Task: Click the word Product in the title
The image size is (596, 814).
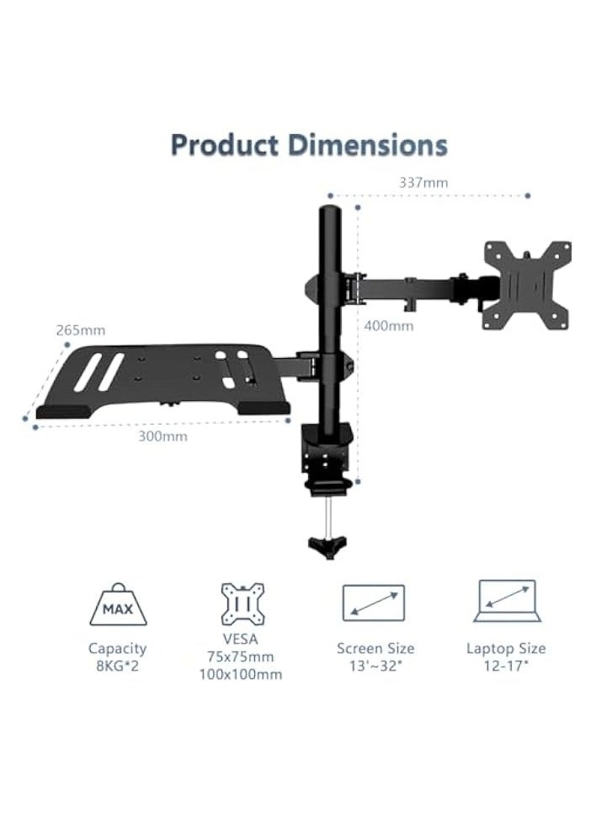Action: coord(225,145)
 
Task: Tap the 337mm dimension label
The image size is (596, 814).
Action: coord(423,182)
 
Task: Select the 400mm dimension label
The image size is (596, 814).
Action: coord(389,326)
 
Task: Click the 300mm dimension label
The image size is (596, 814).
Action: coord(162,436)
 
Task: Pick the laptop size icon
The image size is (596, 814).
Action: coord(505,601)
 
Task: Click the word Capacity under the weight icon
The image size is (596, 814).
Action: coord(117,648)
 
